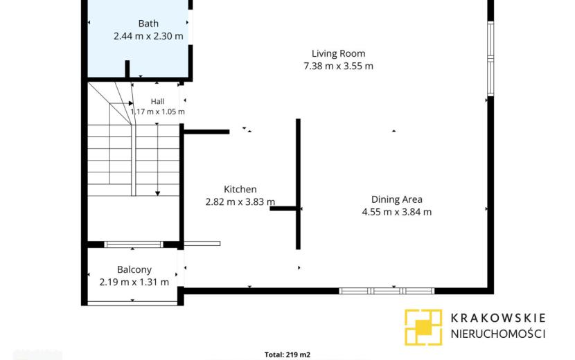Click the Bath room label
click(148, 24)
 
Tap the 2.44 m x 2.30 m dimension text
click(148, 36)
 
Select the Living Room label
click(339, 53)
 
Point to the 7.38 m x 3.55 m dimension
click(339, 66)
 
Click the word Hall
click(157, 102)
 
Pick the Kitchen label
click(240, 189)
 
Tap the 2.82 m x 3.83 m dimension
click(240, 201)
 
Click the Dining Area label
click(397, 199)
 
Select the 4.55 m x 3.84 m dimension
click(397, 212)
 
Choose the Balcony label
click(134, 270)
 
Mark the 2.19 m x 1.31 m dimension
click(134, 282)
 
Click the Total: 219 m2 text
click(287, 354)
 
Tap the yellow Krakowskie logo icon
click(423, 327)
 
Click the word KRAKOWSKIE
click(498, 318)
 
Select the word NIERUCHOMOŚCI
click(498, 334)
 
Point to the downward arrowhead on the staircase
click(158, 193)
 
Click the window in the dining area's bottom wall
click(387, 291)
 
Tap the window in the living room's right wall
click(490, 59)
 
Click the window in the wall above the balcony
click(134, 244)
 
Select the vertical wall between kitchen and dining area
click(298, 184)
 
